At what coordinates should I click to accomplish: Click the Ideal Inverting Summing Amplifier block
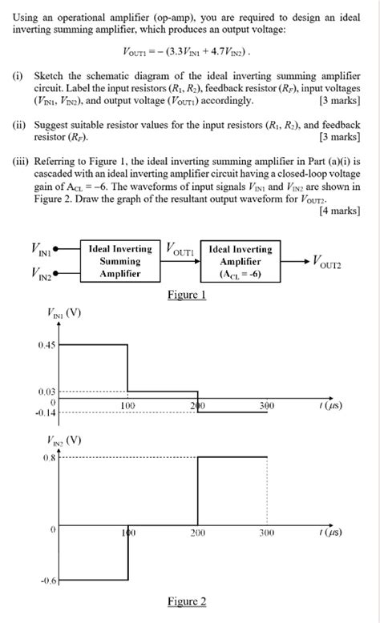pos(120,261)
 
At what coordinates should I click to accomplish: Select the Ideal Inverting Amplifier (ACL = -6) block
pos(241,261)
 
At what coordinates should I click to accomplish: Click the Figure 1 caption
pos(187,295)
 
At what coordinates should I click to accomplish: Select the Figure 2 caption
pos(187,601)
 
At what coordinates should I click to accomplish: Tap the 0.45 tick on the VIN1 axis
pos(46,345)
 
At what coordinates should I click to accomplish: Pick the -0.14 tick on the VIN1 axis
pos(45,412)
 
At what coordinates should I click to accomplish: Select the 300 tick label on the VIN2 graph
pos(267,532)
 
